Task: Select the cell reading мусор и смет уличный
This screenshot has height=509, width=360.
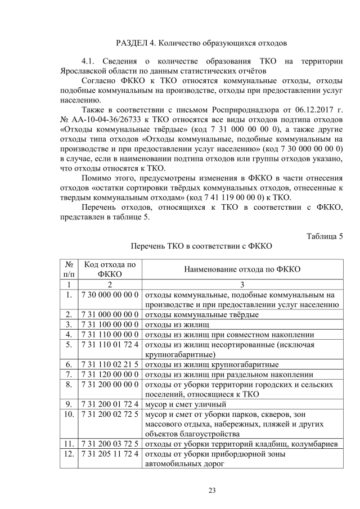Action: pos(186,403)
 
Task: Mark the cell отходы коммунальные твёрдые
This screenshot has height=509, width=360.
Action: pos(202,314)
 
